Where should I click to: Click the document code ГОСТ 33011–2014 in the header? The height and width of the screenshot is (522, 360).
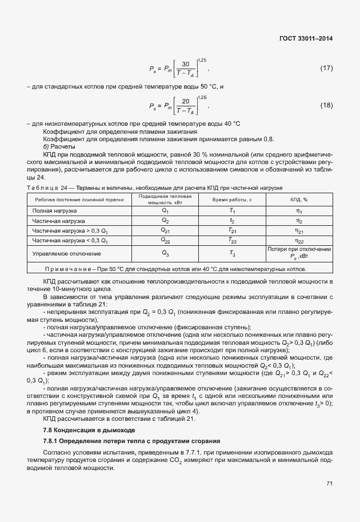pos(307,38)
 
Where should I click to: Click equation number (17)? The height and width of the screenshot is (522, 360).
pos(326,69)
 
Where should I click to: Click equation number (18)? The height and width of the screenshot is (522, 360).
pos(326,105)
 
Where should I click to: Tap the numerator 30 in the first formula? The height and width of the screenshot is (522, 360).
pos(185,64)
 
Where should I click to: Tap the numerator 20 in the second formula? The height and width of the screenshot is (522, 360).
pos(185,101)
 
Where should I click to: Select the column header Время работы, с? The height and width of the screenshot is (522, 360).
pos(232,200)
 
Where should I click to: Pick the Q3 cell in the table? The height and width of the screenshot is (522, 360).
pos(165,253)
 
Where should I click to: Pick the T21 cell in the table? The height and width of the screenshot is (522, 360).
pos(232,231)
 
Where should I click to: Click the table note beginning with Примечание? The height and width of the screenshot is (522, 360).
pos(179,269)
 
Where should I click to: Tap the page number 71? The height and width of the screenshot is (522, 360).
pos(329,484)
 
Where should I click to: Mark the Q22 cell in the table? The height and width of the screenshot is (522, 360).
pos(165,241)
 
